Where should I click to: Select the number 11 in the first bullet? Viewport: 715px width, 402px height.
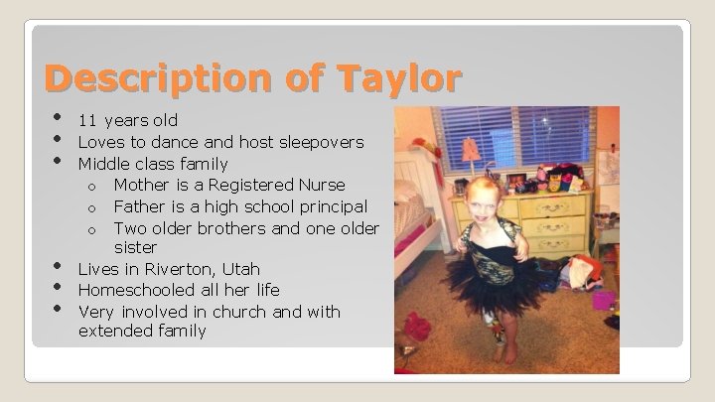[86, 121]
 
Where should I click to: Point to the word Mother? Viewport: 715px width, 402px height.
[143, 186]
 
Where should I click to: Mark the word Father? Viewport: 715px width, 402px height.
[141, 206]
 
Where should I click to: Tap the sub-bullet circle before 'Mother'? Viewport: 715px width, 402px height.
[91, 187]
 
